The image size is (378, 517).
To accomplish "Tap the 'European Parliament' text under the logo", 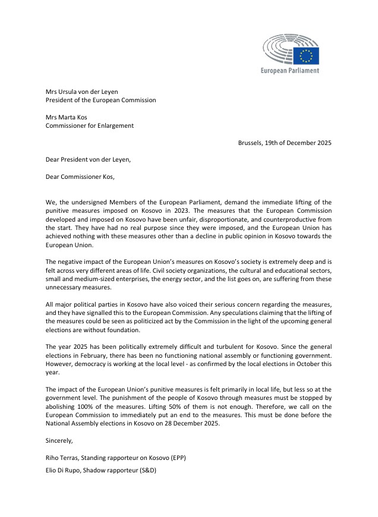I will (290, 71).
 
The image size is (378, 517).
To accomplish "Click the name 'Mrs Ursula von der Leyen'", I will (82, 92).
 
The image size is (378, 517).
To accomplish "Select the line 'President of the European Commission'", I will (101, 100).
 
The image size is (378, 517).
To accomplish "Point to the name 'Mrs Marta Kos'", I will (67, 117).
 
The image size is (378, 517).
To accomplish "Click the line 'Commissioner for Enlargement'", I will (90, 126).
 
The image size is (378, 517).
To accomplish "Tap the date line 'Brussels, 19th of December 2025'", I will (285, 143).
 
